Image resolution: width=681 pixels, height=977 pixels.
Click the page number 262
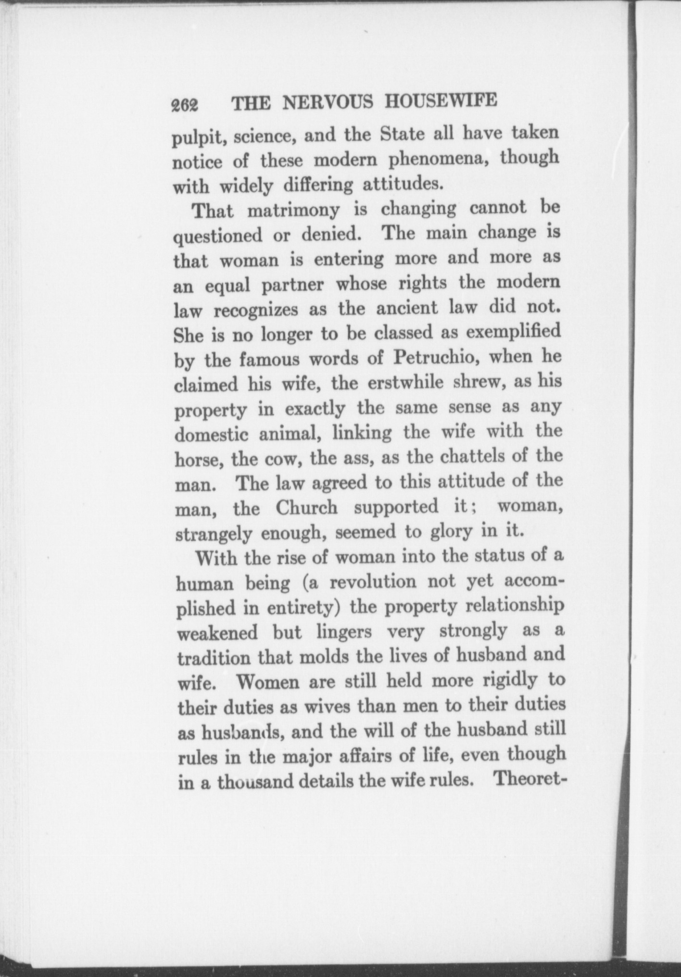click(x=185, y=104)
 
